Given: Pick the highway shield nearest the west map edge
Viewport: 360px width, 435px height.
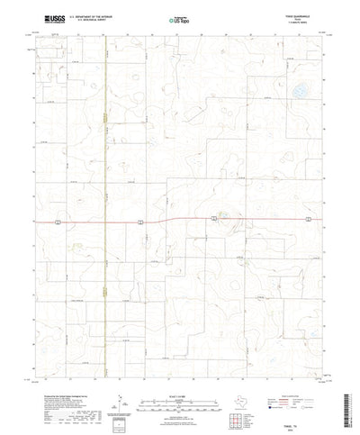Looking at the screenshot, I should (x=56, y=221).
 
